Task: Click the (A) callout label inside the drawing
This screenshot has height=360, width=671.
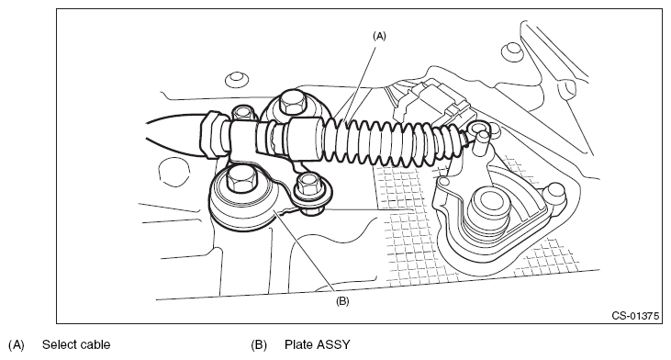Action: tap(379, 36)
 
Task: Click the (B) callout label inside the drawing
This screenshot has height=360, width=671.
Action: tap(342, 301)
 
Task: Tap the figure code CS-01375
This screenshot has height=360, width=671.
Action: tap(635, 316)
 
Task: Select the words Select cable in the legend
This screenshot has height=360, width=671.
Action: tap(76, 344)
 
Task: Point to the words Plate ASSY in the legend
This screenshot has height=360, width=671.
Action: tap(317, 344)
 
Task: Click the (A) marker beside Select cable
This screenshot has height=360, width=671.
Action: tap(17, 344)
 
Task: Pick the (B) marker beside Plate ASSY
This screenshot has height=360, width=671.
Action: tap(259, 344)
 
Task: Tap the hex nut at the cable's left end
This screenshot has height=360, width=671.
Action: tap(210, 134)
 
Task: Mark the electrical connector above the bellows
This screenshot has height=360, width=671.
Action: tap(434, 104)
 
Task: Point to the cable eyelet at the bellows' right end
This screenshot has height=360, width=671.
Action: tap(476, 129)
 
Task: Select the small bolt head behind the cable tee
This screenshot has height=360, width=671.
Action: tap(243, 113)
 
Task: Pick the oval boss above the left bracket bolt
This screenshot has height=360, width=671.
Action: tap(237, 79)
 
